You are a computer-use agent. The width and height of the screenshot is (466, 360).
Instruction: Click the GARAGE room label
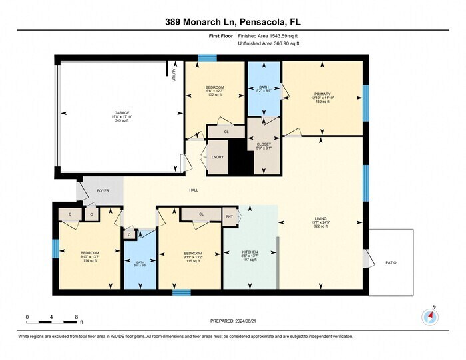pos(120,113)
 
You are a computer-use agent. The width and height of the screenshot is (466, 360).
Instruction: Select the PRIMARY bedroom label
pos(322,94)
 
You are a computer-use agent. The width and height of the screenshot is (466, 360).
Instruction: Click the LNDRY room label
pos(217,157)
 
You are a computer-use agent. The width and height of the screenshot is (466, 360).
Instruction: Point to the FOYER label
pos(103,190)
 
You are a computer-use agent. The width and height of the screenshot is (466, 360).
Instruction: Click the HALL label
pos(194,190)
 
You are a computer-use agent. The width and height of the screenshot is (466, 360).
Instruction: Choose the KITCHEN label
pos(250,252)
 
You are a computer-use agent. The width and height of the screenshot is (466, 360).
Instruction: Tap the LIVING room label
pos(321,218)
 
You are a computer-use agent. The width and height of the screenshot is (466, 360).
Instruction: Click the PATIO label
pos(391,263)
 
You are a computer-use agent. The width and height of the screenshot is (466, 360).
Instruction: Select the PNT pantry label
pos(229,216)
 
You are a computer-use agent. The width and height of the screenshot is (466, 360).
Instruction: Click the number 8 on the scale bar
pos(77,316)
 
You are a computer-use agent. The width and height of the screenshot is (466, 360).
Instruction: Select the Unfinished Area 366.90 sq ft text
pos(270,44)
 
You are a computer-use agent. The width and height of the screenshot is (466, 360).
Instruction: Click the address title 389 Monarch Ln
pos(206,22)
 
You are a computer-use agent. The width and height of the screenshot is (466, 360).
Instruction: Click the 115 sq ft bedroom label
pos(189,260)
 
